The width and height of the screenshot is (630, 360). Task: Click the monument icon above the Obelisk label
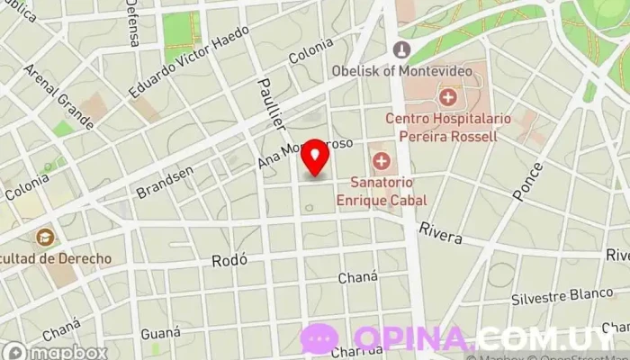pyautogui.click(x=401, y=49)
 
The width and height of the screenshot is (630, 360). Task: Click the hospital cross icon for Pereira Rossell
pyautogui.click(x=447, y=95)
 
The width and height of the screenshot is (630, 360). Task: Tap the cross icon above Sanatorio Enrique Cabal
pyautogui.click(x=382, y=162)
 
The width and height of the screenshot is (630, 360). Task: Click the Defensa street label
pyautogui.click(x=133, y=24)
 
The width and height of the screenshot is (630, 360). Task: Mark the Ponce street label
pyautogui.click(x=528, y=181)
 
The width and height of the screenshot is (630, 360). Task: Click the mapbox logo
pyautogui.click(x=55, y=351)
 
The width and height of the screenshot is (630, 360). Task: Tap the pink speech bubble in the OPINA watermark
pyautogui.click(x=319, y=338)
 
